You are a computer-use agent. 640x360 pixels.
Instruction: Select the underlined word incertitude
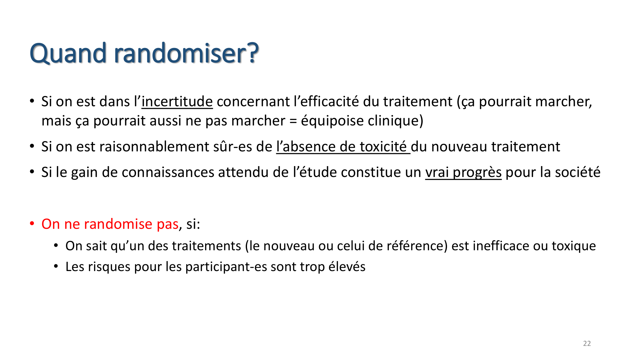[x=177, y=102]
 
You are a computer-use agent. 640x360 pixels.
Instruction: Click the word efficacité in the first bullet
[x=329, y=102]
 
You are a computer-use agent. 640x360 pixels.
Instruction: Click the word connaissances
[x=168, y=172]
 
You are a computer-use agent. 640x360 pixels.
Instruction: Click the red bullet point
[x=32, y=223]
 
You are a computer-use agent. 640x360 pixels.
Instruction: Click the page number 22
[x=587, y=343]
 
